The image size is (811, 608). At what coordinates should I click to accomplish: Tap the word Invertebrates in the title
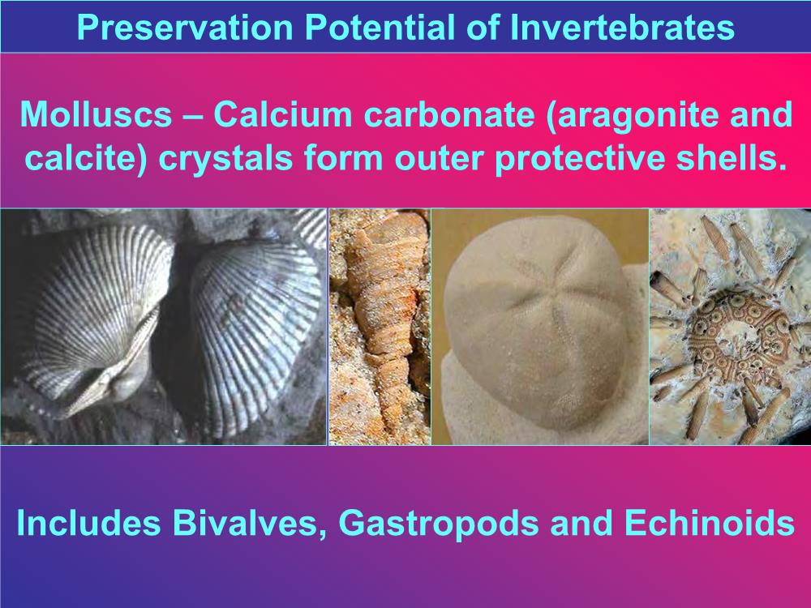(x=622, y=28)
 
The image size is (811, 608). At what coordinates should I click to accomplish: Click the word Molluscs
(x=96, y=114)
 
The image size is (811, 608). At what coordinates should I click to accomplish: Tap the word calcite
(x=85, y=158)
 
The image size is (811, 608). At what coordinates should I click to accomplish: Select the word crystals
(x=226, y=159)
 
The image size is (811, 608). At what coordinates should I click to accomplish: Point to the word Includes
(x=88, y=523)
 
